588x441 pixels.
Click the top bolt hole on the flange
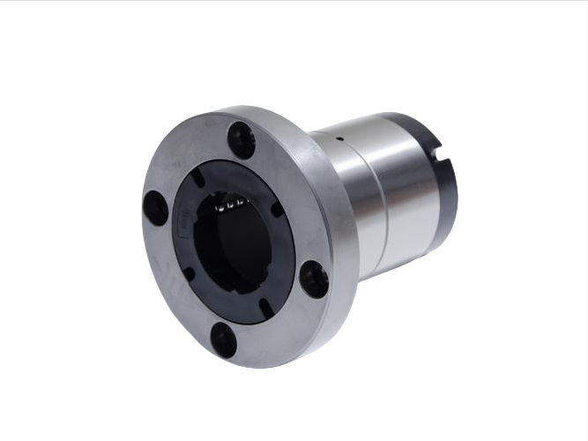pos(241,139)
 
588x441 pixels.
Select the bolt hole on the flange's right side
pos(315,279)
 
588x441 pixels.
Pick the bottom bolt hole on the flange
pos(224,340)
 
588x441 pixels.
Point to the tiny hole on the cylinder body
pos(339,138)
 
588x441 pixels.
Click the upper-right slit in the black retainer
pos(277,210)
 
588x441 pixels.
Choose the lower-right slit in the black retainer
pos(264,307)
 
